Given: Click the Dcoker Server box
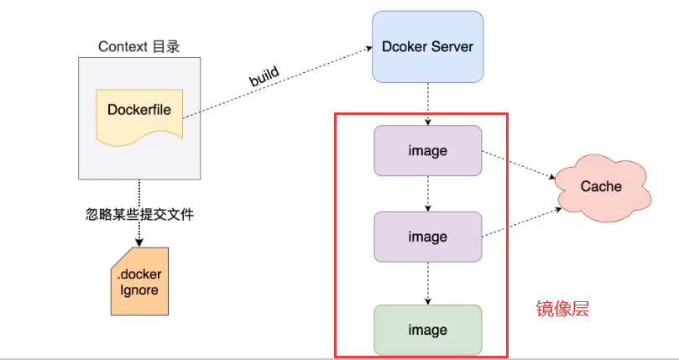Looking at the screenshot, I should pyautogui.click(x=427, y=46).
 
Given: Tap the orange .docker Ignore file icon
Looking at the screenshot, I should pyautogui.click(x=139, y=281).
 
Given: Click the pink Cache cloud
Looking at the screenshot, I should pyautogui.click(x=601, y=185).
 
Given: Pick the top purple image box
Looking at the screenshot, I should pyautogui.click(x=427, y=151).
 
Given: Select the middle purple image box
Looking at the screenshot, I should pyautogui.click(x=427, y=237).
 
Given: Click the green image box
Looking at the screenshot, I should pyautogui.click(x=427, y=330).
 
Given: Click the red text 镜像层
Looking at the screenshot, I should pyautogui.click(x=562, y=309).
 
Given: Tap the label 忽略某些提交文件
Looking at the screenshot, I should pyautogui.click(x=139, y=215).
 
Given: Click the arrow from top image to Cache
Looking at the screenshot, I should pyautogui.click(x=517, y=164).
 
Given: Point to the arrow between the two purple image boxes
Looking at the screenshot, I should pyautogui.click(x=428, y=193).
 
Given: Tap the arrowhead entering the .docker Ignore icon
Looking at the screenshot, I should pyautogui.click(x=139, y=243).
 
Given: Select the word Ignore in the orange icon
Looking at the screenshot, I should pyautogui.click(x=139, y=290).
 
